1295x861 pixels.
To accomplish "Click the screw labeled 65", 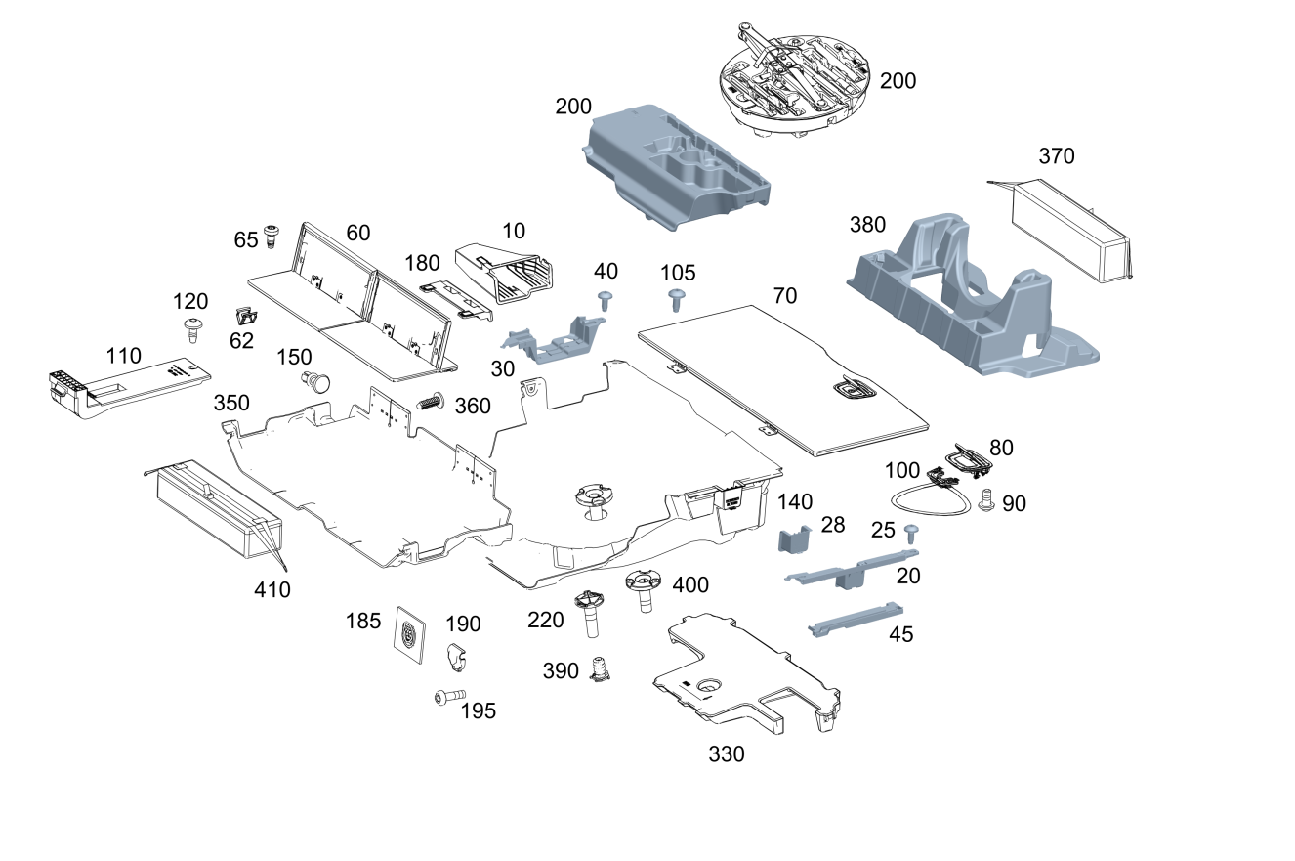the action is tap(270, 237).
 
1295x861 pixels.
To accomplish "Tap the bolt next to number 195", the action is tap(450, 696).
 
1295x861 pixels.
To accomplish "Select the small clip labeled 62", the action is tap(246, 317).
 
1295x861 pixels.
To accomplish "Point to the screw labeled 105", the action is tap(676, 300).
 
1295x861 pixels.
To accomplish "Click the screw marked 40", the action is tap(606, 301).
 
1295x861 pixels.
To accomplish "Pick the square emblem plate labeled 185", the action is tap(411, 635).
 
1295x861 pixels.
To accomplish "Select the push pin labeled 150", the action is tap(315, 383).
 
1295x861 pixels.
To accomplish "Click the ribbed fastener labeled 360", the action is tap(430, 401).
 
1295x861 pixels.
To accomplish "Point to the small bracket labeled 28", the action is tap(794, 539).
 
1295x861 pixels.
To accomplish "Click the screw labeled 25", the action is tap(912, 534).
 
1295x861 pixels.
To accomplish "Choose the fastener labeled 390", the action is tap(599, 668).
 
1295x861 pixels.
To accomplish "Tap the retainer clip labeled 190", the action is tap(456, 658).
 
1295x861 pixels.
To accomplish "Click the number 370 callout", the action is tap(1057, 156).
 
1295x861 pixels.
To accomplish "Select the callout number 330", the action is tap(727, 754).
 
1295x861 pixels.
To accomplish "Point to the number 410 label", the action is tap(272, 590).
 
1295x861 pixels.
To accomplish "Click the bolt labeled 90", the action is tap(985, 500).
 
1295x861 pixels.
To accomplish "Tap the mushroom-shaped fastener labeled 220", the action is tap(590, 614).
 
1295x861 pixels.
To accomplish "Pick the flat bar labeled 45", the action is tap(856, 620).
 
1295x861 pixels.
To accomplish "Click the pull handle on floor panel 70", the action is tap(856, 389).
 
